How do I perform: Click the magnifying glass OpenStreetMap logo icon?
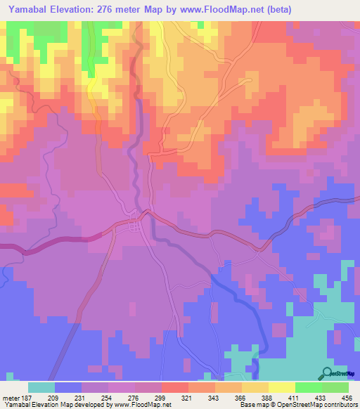pos(327,374)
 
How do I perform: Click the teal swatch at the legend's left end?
pos(41,387)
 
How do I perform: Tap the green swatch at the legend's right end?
pos(335,387)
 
